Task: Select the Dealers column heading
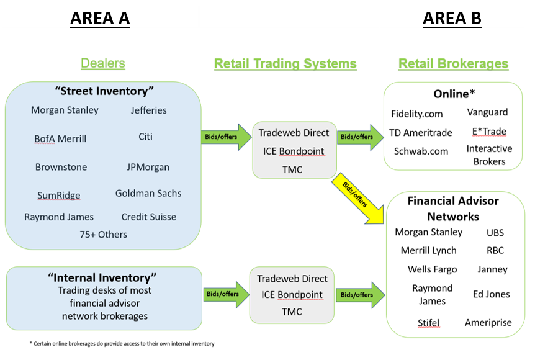[102, 63]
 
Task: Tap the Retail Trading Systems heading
[285, 64]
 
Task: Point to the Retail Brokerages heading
[453, 64]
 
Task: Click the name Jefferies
[148, 110]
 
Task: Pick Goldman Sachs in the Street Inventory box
[148, 193]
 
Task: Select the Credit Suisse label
[148, 217]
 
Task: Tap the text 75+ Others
[103, 234]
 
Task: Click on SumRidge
[58, 195]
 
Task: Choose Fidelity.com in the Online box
[417, 114]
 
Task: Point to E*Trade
[489, 132]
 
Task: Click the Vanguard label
[487, 112]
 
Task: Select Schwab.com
[421, 151]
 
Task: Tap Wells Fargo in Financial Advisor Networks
[432, 269]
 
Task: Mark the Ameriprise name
[489, 323]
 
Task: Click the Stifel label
[429, 323]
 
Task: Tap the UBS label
[495, 233]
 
